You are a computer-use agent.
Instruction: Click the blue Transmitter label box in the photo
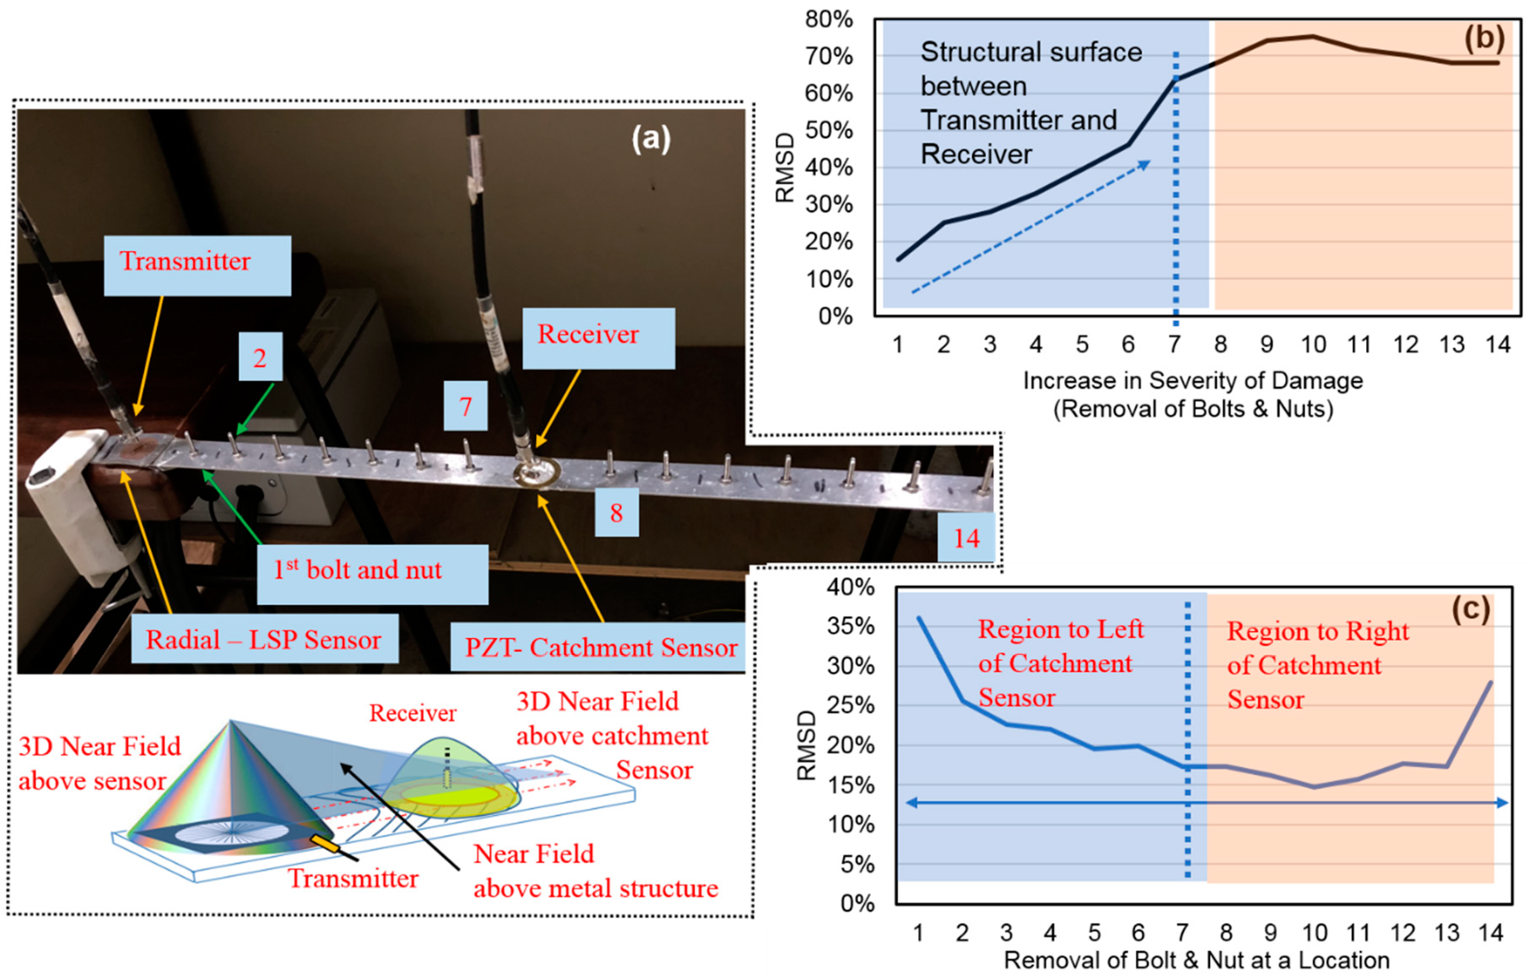click(197, 265)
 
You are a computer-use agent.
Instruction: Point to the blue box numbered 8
click(616, 512)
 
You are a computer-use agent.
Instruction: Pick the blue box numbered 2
click(260, 357)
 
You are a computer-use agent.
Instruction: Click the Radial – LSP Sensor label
click(265, 639)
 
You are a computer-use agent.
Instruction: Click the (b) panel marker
click(1483, 38)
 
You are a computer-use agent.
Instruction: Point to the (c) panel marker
click(1470, 609)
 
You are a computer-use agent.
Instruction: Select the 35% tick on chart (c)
click(851, 626)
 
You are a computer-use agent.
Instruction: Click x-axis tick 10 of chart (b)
click(1313, 344)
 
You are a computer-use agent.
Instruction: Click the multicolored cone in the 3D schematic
click(229, 789)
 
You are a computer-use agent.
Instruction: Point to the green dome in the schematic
click(449, 773)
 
